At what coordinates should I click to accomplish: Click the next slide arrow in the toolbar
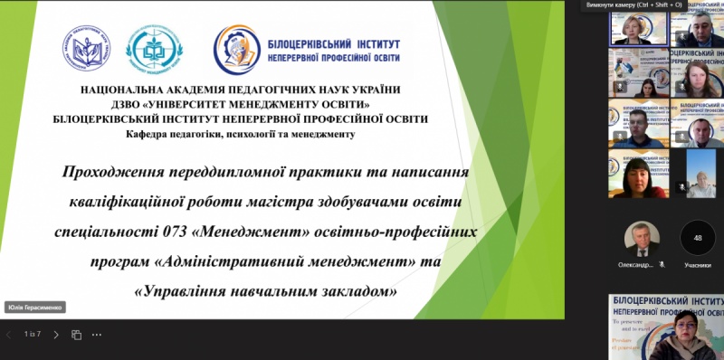click(55, 334)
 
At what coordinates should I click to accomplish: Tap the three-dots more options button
click(97, 334)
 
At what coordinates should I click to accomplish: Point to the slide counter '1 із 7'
click(33, 334)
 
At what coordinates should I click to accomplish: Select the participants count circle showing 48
click(697, 238)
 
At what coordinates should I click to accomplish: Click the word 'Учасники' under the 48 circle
click(697, 264)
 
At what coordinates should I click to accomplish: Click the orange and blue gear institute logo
click(236, 49)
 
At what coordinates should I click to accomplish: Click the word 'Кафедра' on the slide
click(153, 134)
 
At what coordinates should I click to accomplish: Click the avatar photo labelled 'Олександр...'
click(642, 238)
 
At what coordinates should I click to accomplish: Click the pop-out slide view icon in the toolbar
click(76, 334)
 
